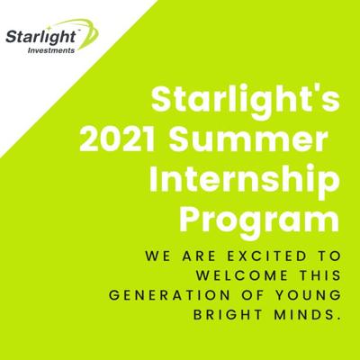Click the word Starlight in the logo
[x=40, y=37]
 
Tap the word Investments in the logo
[x=51, y=50]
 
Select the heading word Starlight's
[x=246, y=98]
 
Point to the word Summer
[x=247, y=139]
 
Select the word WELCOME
[x=243, y=275]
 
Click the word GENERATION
[x=169, y=295]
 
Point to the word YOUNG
[x=309, y=295]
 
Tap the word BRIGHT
[x=228, y=315]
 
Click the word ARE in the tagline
[x=199, y=256]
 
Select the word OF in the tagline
[x=253, y=295]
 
